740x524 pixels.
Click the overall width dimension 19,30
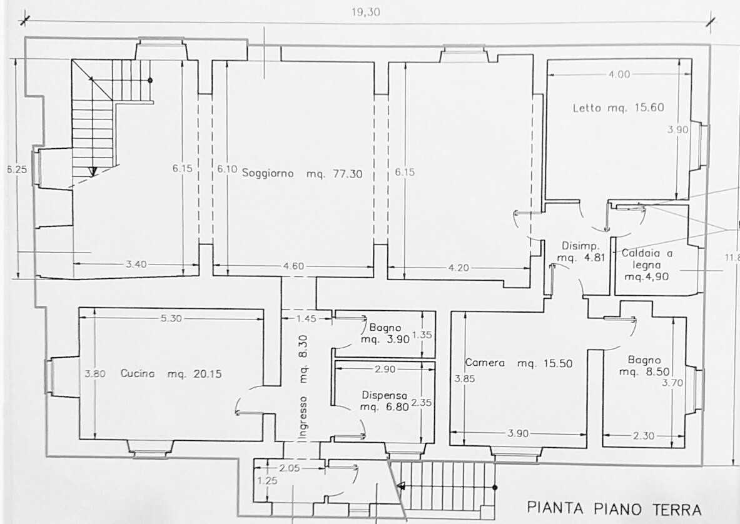[366, 13]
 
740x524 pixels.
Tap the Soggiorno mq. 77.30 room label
[302, 174]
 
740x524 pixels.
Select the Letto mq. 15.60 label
[618, 108]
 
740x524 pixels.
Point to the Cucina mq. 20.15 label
[171, 374]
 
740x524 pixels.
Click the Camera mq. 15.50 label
[519, 363]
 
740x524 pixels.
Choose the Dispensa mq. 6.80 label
[385, 401]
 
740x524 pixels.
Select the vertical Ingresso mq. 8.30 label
[304, 388]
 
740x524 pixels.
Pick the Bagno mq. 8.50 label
[644, 366]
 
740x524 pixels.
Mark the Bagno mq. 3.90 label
[385, 333]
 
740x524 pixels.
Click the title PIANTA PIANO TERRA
[614, 508]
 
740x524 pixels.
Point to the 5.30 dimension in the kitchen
[171, 318]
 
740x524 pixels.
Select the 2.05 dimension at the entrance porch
[290, 468]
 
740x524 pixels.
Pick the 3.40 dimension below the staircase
[136, 265]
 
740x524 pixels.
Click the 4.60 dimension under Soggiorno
[293, 266]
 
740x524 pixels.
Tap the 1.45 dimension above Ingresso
[307, 319]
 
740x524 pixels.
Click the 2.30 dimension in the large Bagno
[644, 436]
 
